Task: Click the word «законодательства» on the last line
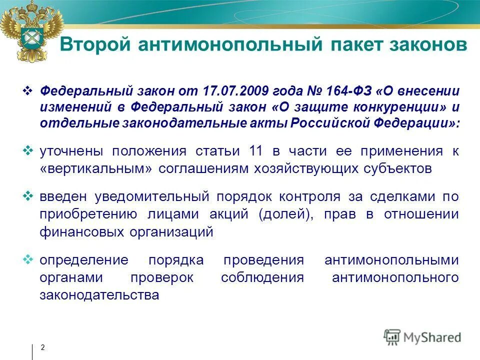[x=99, y=295]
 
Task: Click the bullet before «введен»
[x=28, y=195]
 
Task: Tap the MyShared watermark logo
[x=422, y=336]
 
